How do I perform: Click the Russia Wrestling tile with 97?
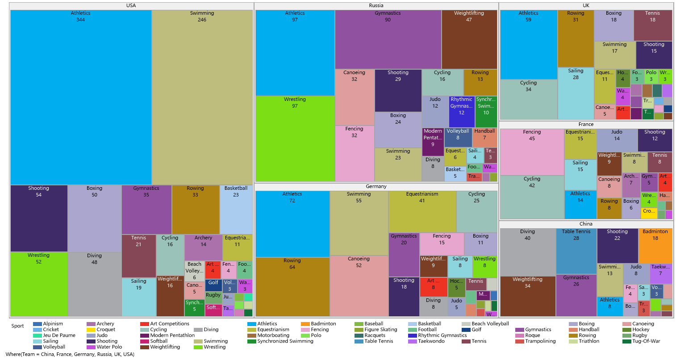pos(295,138)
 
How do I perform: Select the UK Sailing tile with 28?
pos(576,93)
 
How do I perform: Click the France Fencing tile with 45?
pos(532,152)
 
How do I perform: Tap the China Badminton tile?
pos(655,246)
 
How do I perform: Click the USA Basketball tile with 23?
pos(236,209)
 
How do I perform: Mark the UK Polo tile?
pos(651,76)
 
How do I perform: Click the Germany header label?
pos(376,186)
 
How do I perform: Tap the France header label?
pos(586,124)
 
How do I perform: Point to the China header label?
pos(586,224)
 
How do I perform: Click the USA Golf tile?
pos(213,285)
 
